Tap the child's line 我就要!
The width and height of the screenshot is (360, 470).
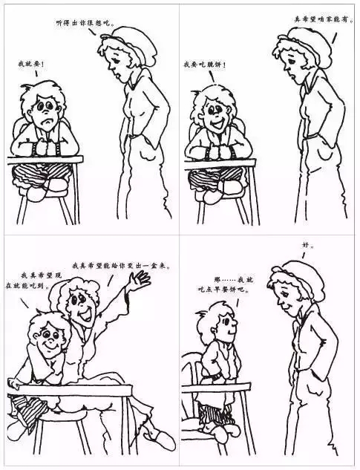pyautogui.click(x=32, y=64)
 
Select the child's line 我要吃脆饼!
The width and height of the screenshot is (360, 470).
pyautogui.click(x=204, y=64)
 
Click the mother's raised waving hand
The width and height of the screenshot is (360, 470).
pyautogui.click(x=140, y=281)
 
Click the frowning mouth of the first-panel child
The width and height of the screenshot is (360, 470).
pyautogui.click(x=48, y=122)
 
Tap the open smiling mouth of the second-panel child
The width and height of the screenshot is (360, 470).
pyautogui.click(x=220, y=122)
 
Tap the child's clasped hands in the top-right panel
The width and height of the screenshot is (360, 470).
pyautogui.click(x=217, y=149)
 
